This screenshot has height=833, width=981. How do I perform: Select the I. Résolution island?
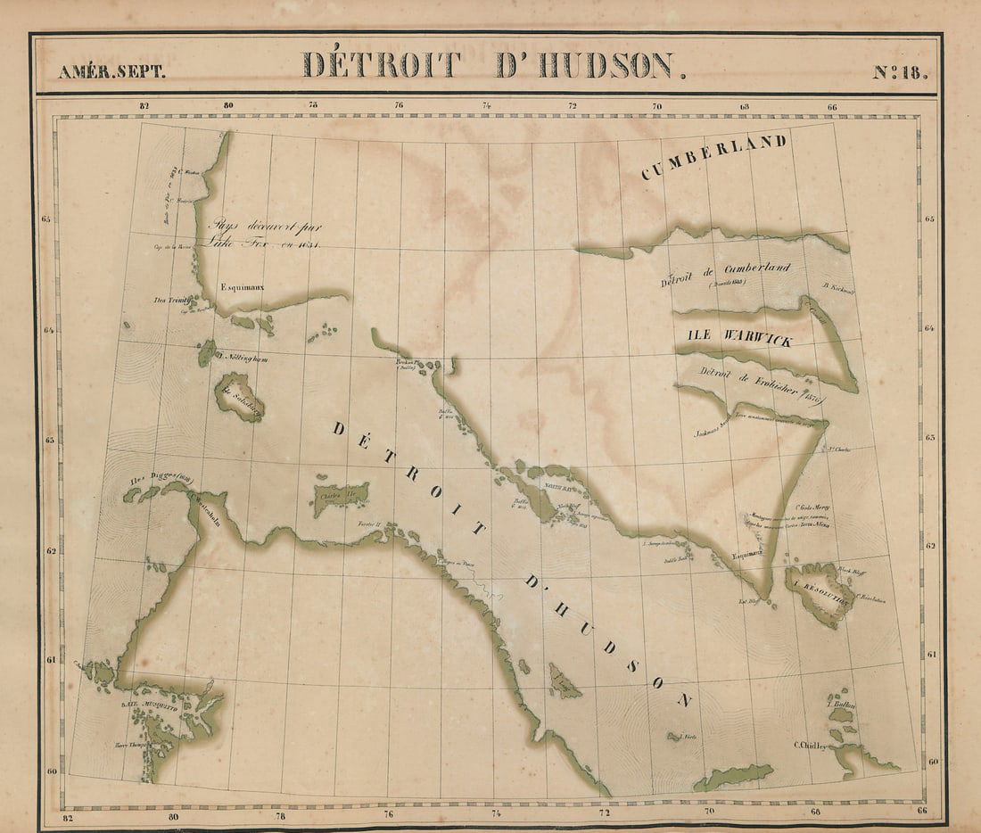(x=815, y=593)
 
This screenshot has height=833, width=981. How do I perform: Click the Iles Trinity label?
(x=169, y=301)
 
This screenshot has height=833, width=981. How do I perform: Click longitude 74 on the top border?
(x=486, y=105)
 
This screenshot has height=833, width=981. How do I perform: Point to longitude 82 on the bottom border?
(x=66, y=815)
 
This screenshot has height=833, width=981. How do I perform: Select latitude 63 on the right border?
(x=930, y=437)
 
